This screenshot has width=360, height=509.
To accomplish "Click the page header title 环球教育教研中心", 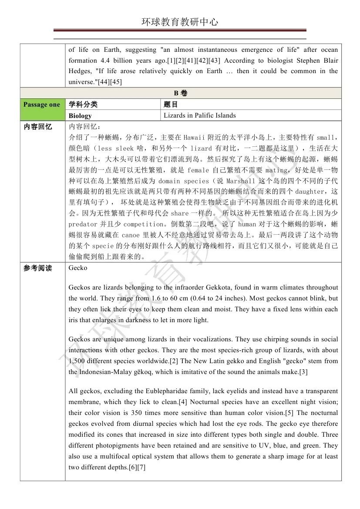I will coord(180,22).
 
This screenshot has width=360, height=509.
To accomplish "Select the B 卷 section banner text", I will coord(180,93).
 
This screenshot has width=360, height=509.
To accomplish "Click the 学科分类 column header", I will coord(83,104).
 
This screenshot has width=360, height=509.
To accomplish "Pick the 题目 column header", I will coord(171,104).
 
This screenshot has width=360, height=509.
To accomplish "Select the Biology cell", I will coord(80,116).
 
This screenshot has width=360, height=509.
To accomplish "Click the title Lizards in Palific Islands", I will coord(199,115).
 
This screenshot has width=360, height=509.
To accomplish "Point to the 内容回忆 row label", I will coord(37,127).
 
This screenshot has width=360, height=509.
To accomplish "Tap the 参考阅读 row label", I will coord(37,268).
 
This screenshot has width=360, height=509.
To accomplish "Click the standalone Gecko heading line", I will coord(78,268).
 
